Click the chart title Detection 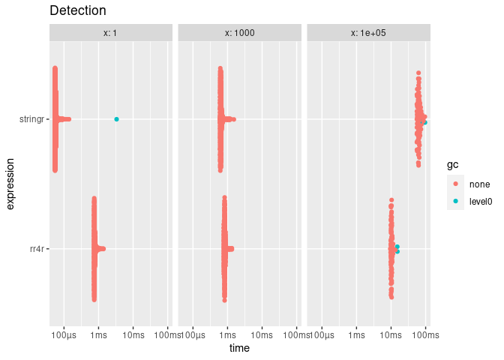click(77, 11)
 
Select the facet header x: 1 click(111, 33)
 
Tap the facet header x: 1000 click(240, 33)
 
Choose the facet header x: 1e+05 click(369, 33)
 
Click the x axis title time click(240, 349)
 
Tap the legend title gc click(452, 164)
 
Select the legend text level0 click(480, 201)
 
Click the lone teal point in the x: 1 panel click(116, 119)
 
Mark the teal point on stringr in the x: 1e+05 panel click(424, 122)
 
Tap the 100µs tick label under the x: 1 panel click(64, 334)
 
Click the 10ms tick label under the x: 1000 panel click(262, 334)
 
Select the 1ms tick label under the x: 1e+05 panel click(356, 334)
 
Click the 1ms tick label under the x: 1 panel click(98, 334)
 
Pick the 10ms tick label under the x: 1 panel click(133, 334)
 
